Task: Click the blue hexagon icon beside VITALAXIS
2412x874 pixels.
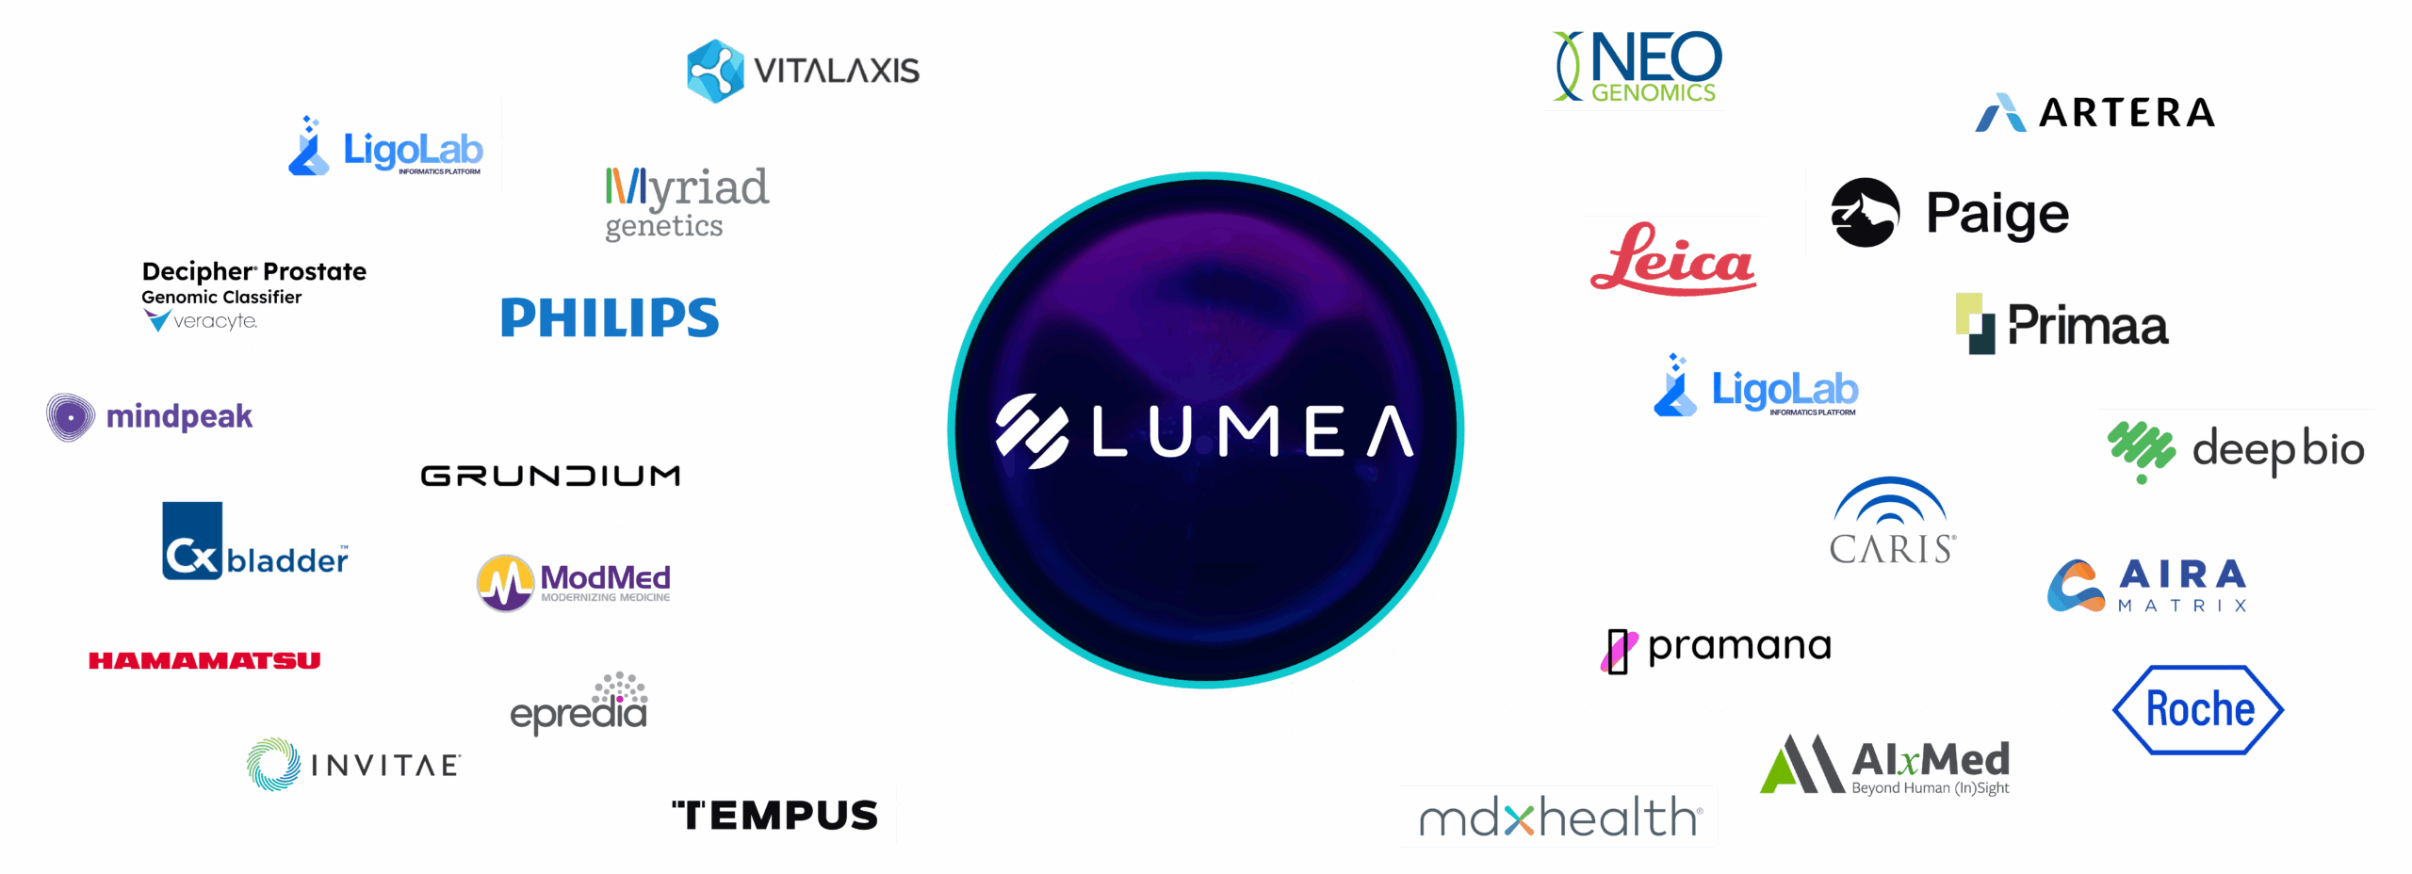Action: tap(715, 71)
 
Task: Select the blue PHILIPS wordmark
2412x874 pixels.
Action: tap(610, 317)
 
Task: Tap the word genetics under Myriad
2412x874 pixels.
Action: tap(663, 226)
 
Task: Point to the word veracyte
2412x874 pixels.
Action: tap(215, 321)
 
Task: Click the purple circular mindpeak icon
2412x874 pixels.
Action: tap(71, 416)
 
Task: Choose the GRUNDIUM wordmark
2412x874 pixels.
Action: tap(550, 476)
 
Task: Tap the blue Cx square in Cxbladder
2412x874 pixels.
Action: tap(192, 541)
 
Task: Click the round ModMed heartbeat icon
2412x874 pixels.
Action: tap(506, 583)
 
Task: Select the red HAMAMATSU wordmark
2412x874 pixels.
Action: tap(204, 660)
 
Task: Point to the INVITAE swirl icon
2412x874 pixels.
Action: tap(273, 764)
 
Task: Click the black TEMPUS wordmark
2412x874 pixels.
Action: tap(774, 816)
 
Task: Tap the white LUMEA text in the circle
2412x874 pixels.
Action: tap(1251, 432)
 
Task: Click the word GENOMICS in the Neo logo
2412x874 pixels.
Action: tap(1654, 92)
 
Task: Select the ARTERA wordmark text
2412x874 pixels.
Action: tap(2127, 113)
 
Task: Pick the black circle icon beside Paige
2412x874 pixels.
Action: tap(1865, 213)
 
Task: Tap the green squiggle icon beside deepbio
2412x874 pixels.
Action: tap(2141, 449)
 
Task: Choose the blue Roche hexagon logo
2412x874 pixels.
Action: tap(2198, 709)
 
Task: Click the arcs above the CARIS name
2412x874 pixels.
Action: tap(1889, 502)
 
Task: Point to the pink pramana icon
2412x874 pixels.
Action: tap(1618, 650)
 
